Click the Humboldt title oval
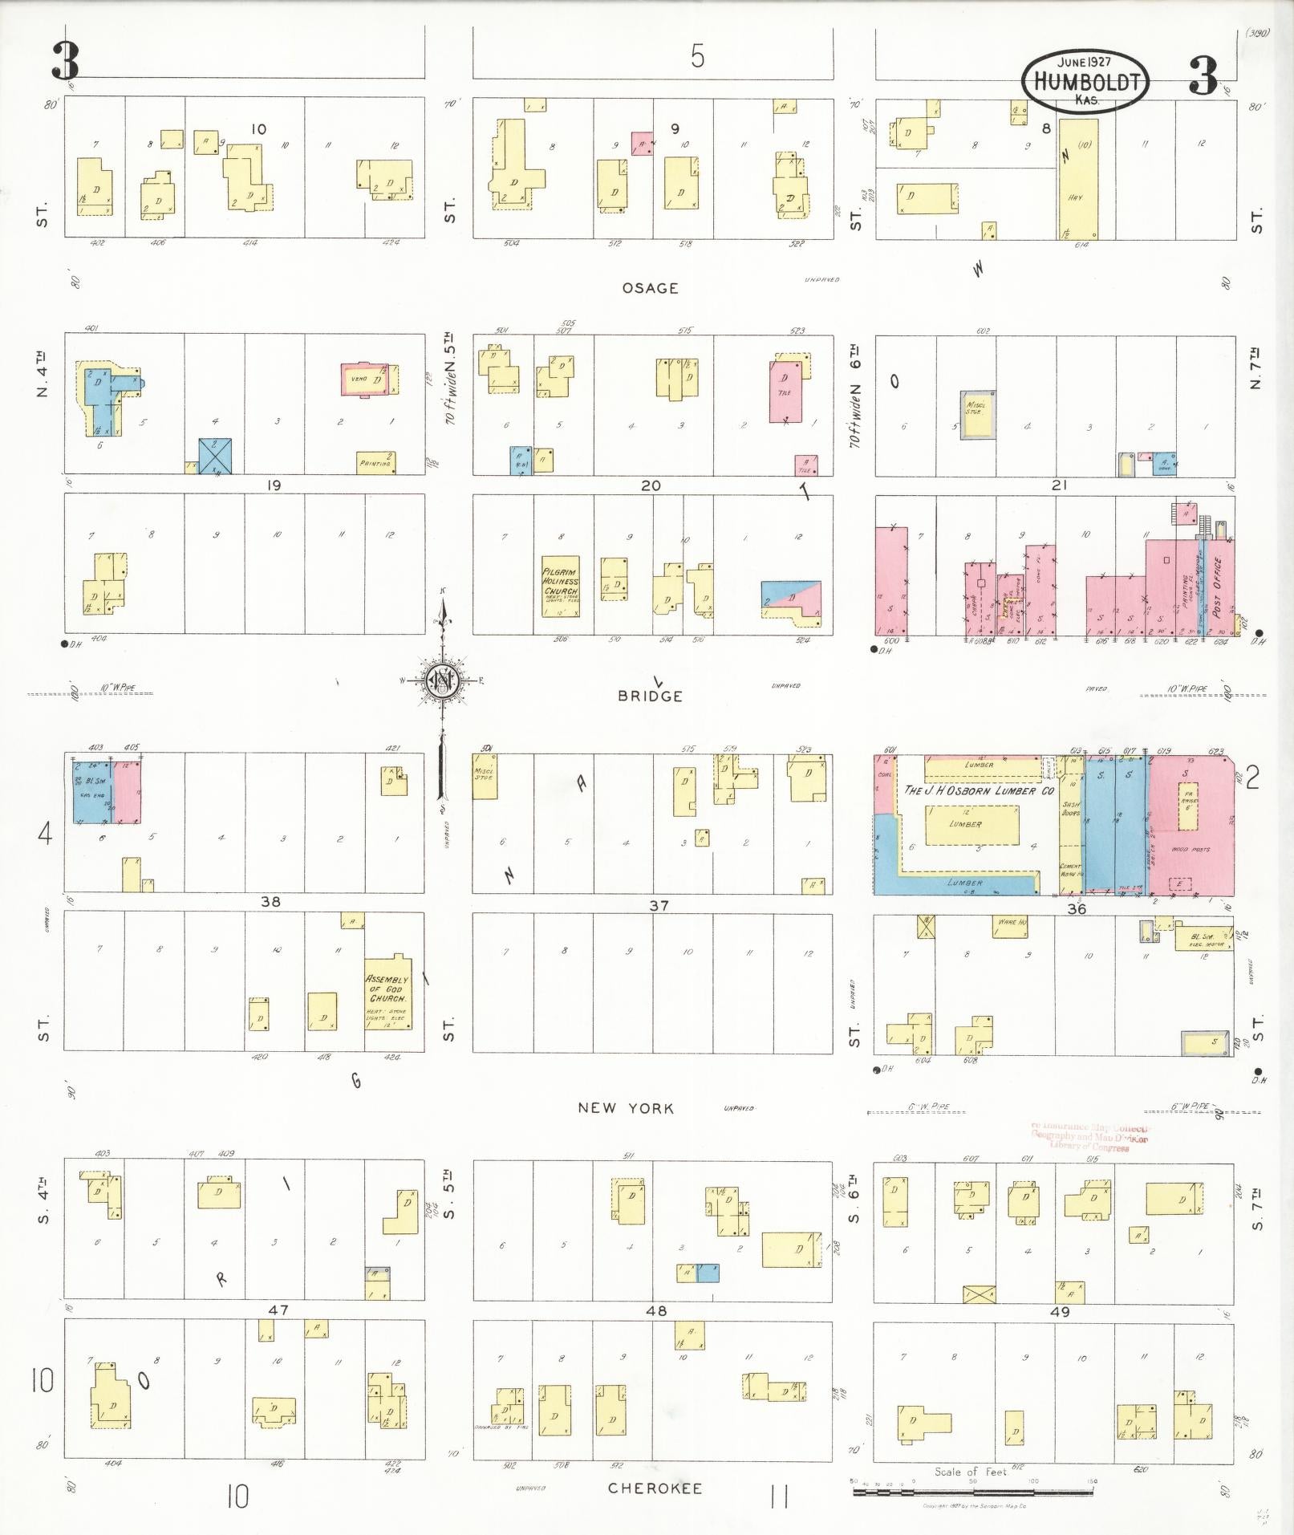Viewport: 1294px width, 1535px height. tap(1085, 80)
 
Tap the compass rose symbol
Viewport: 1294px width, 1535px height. tap(442, 680)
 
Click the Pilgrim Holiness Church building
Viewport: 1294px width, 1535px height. tap(560, 586)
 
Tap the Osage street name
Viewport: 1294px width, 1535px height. tap(650, 287)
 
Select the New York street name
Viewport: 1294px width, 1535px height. tap(626, 1107)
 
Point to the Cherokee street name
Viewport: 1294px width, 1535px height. tap(655, 1488)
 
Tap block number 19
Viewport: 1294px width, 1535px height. tap(274, 485)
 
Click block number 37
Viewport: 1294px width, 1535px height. tap(659, 905)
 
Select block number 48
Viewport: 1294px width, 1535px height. tap(656, 1310)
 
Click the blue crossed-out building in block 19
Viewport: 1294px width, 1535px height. tap(215, 455)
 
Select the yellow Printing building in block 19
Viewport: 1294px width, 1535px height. tap(375, 462)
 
